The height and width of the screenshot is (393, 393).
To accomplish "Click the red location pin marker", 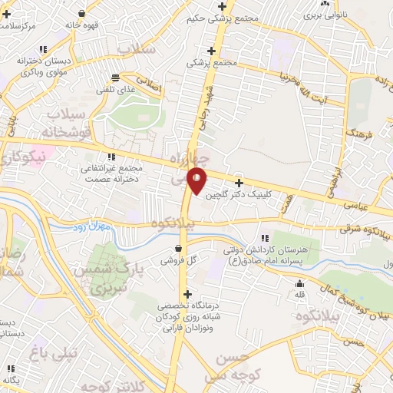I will click(197, 179).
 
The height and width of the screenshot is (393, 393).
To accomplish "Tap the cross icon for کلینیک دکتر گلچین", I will click(239, 183).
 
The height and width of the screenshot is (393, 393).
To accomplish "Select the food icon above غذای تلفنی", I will click(115, 78).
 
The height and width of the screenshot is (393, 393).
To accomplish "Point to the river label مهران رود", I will click(94, 227).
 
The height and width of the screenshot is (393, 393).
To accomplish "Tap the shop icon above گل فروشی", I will click(179, 249).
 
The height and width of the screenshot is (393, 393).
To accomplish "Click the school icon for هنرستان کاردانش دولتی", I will click(266, 237).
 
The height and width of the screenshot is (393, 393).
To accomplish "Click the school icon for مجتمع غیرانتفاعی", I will click(112, 157).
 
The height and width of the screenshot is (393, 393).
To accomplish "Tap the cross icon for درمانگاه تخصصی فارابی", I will click(188, 294).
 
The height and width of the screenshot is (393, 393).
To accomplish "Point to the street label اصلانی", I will click(151, 84).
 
